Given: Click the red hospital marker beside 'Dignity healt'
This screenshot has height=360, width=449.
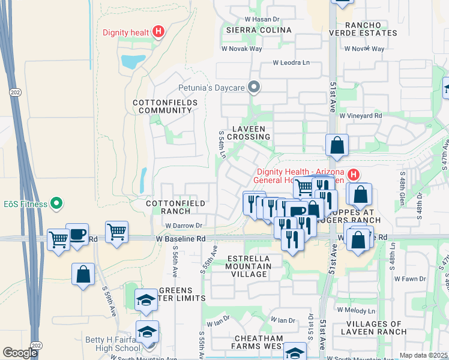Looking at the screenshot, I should pyautogui.click(x=158, y=32).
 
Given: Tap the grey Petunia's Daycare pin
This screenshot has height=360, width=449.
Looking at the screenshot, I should pyautogui.click(x=254, y=88).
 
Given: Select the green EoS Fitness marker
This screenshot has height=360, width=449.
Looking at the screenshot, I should pyautogui.click(x=57, y=204).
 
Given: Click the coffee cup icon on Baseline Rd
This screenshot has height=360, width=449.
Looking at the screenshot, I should pyautogui.click(x=76, y=234).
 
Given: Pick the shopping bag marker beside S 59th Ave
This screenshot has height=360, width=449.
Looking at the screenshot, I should pyautogui.click(x=83, y=275).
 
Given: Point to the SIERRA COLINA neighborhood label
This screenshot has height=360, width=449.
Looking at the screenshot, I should pyautogui.click(x=259, y=30).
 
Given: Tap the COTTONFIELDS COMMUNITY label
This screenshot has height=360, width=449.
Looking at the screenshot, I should pyautogui.click(x=162, y=106).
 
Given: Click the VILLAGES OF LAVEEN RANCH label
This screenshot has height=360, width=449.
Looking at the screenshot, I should pyautogui.click(x=374, y=328).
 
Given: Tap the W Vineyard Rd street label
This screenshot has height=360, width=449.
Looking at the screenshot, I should pyautogui.click(x=361, y=115).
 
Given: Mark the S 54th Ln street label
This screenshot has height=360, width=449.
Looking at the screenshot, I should pyautogui.click(x=221, y=145).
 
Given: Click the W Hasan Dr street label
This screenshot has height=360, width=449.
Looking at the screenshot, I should pyautogui.click(x=262, y=20).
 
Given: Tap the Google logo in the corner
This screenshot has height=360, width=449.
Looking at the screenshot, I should pyautogui.click(x=20, y=353).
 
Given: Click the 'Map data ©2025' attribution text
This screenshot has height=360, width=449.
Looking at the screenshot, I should pyautogui.click(x=423, y=355).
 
